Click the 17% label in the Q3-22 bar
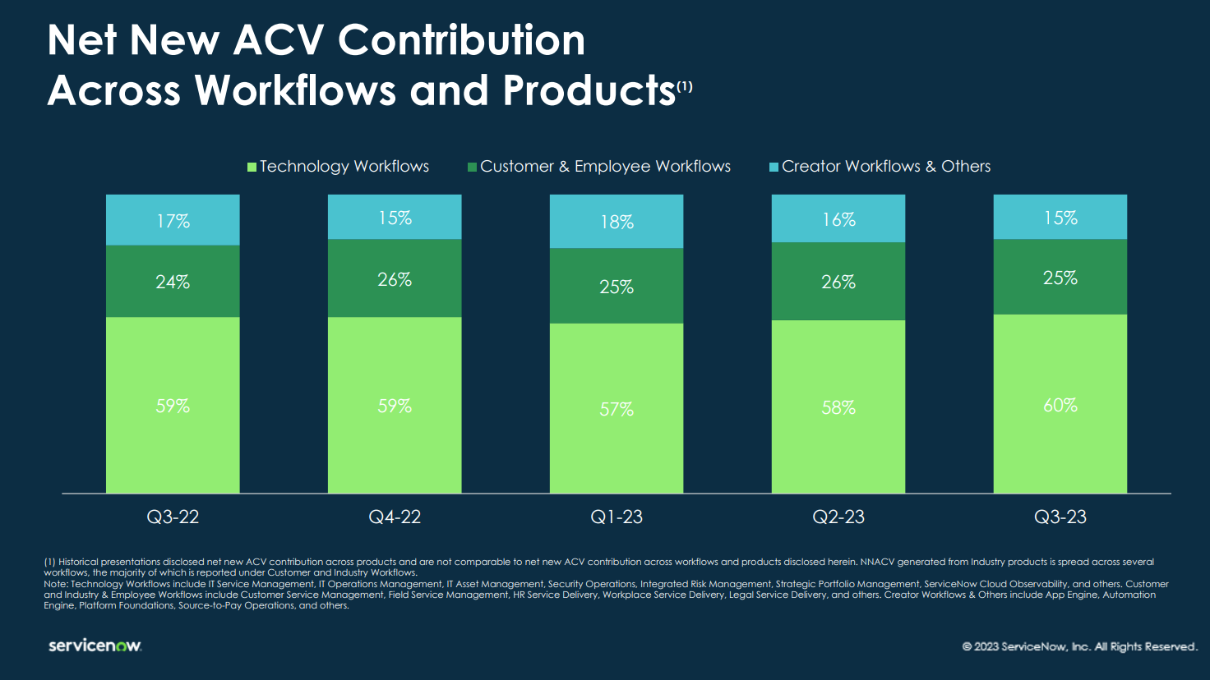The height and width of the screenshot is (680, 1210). click(173, 221)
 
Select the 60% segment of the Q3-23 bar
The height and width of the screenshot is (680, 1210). click(1060, 405)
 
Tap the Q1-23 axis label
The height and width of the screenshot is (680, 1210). click(617, 517)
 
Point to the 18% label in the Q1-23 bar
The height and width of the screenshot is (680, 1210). click(617, 222)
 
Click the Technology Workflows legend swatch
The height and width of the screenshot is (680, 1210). click(252, 167)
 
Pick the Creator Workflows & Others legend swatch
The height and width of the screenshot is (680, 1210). click(774, 167)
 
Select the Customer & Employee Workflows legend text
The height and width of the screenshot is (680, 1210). click(605, 167)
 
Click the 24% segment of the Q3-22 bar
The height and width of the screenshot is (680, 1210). click(173, 282)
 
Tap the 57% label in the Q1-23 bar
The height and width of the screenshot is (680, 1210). click(617, 409)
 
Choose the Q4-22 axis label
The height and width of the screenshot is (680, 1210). click(395, 517)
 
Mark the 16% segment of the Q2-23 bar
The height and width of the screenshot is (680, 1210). click(838, 219)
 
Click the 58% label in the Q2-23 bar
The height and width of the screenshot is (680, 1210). click(838, 407)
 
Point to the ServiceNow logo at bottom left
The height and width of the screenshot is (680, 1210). click(95, 646)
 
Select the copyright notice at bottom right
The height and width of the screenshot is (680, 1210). click(1079, 646)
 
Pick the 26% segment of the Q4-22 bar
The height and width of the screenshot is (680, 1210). click(395, 279)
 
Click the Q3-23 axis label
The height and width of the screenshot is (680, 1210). click(1060, 517)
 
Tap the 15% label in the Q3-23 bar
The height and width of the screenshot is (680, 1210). click(1060, 218)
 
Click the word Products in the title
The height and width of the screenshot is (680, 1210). click(589, 90)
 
